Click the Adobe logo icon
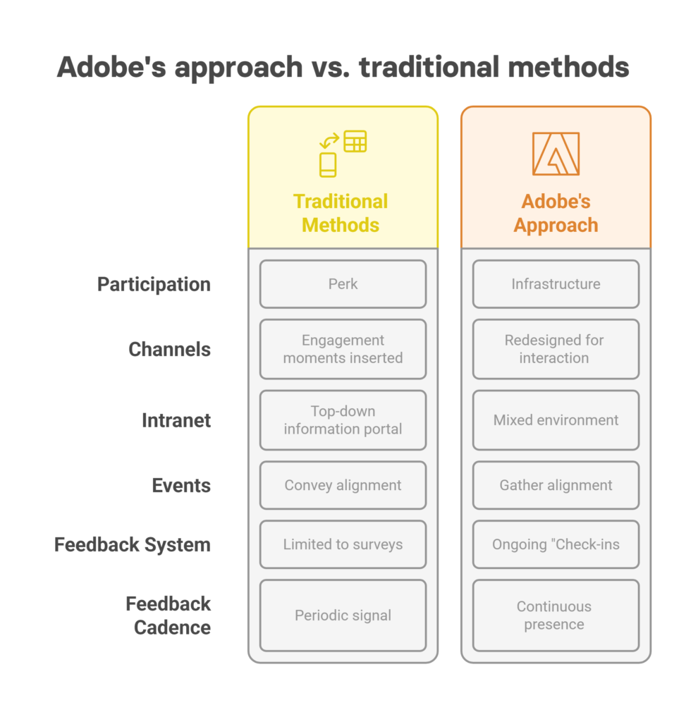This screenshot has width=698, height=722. pyautogui.click(x=556, y=154)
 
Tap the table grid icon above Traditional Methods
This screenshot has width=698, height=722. pyautogui.click(x=355, y=141)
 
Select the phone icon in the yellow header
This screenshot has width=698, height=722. pyautogui.click(x=328, y=165)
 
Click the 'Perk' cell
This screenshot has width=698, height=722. pyautogui.click(x=343, y=284)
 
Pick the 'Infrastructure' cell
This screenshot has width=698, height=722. pyautogui.click(x=556, y=284)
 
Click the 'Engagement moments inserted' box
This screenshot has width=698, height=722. pyautogui.click(x=343, y=349)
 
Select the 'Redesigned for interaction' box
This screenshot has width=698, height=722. pyautogui.click(x=556, y=349)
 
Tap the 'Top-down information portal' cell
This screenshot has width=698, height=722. pyautogui.click(x=343, y=420)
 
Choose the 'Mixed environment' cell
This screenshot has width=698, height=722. pyautogui.click(x=556, y=420)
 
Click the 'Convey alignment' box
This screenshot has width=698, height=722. pyautogui.click(x=343, y=485)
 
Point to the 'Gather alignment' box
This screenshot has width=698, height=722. pyautogui.click(x=556, y=485)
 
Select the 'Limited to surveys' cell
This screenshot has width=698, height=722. pyautogui.click(x=343, y=544)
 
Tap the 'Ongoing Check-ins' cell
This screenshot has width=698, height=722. pyautogui.click(x=556, y=544)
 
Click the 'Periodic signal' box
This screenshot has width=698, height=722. pyautogui.click(x=343, y=615)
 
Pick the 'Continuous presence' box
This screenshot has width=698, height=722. pyautogui.click(x=556, y=615)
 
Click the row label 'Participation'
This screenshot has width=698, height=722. pyautogui.click(x=154, y=285)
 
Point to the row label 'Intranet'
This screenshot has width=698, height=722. pyautogui.click(x=176, y=420)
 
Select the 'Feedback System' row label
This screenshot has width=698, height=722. pyautogui.click(x=133, y=545)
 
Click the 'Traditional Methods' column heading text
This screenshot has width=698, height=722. pyautogui.click(x=341, y=213)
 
